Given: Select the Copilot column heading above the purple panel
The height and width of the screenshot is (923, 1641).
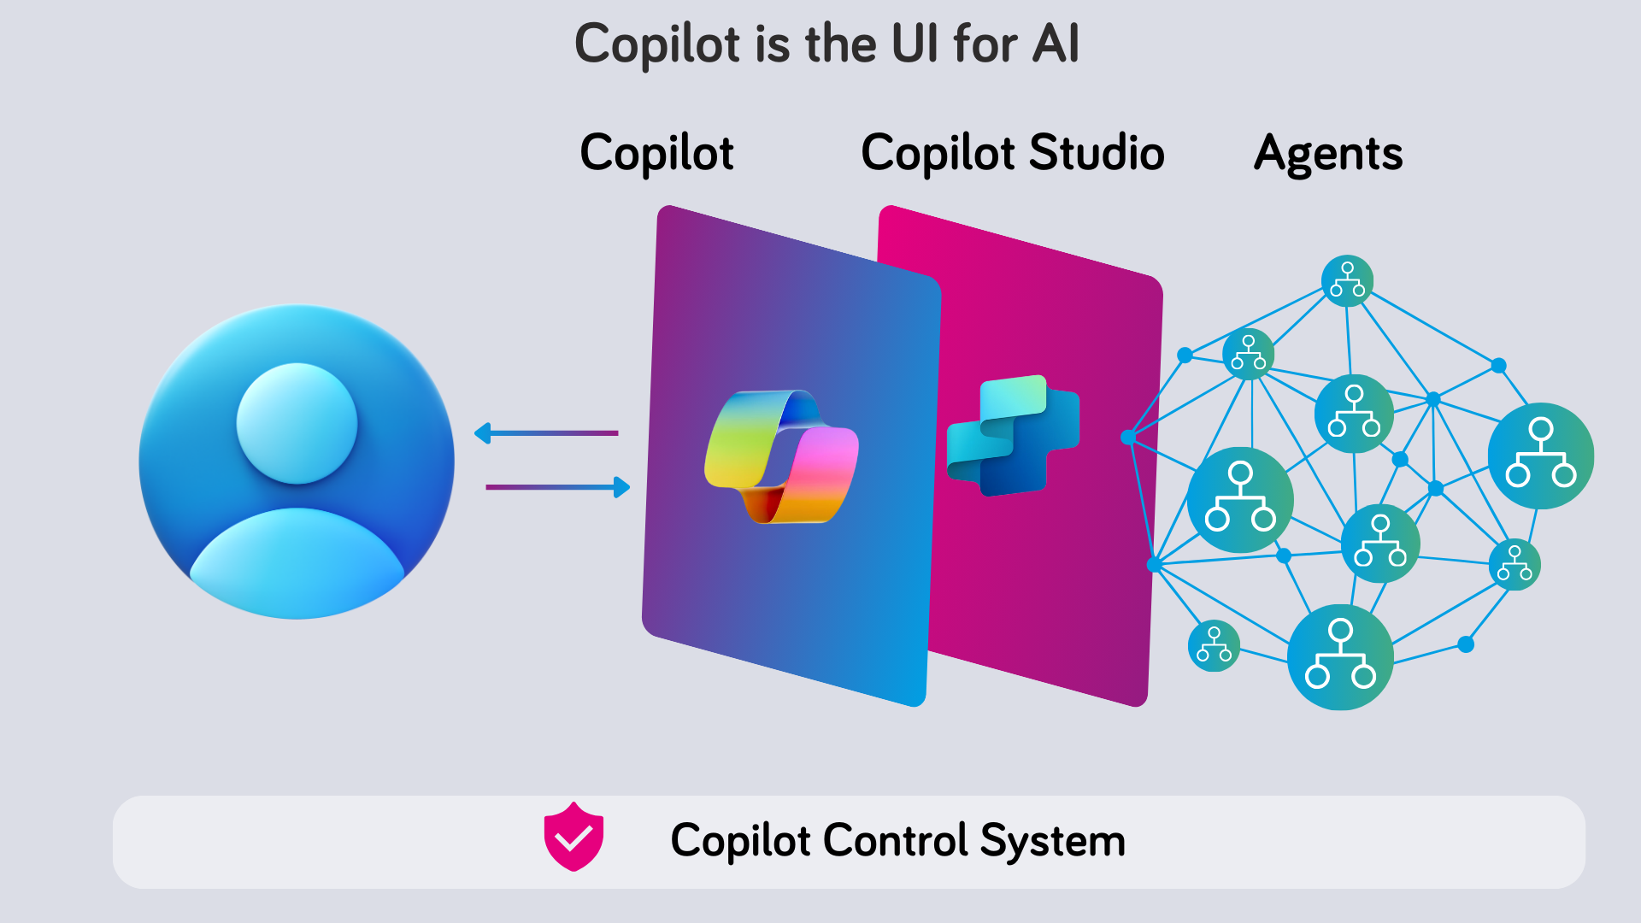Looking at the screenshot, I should tap(656, 154).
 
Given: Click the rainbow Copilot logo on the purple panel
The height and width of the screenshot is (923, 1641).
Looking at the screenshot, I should tap(781, 456).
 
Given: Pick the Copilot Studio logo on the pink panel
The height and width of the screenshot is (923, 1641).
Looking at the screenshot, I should tap(1014, 436).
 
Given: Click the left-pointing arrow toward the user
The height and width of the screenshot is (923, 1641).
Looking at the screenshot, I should tap(547, 433).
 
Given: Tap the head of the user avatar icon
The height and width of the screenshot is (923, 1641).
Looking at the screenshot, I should tap(297, 423).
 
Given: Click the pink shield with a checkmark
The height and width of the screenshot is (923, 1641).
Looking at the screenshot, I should tap(573, 837).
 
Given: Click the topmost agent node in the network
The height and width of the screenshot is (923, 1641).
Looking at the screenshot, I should tap(1347, 280).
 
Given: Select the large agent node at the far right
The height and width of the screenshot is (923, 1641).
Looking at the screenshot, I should tap(1540, 456).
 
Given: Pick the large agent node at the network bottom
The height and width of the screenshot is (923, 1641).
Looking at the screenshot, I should tap(1340, 656).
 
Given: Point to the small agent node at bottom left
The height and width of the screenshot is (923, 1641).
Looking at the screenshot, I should tap(1214, 645).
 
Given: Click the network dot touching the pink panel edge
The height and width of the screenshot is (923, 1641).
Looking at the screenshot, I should tap(1128, 438).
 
